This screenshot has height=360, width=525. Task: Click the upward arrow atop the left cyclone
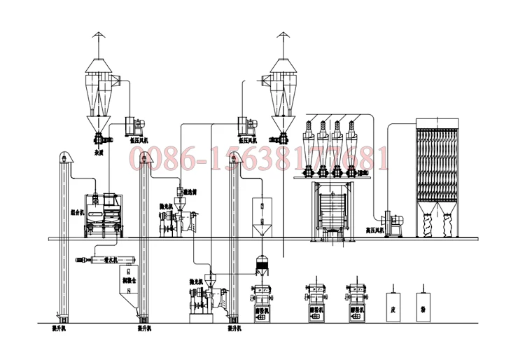(x=100, y=37)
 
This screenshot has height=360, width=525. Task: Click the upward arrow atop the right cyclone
(x=284, y=37)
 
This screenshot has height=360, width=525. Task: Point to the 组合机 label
(x=76, y=211)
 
